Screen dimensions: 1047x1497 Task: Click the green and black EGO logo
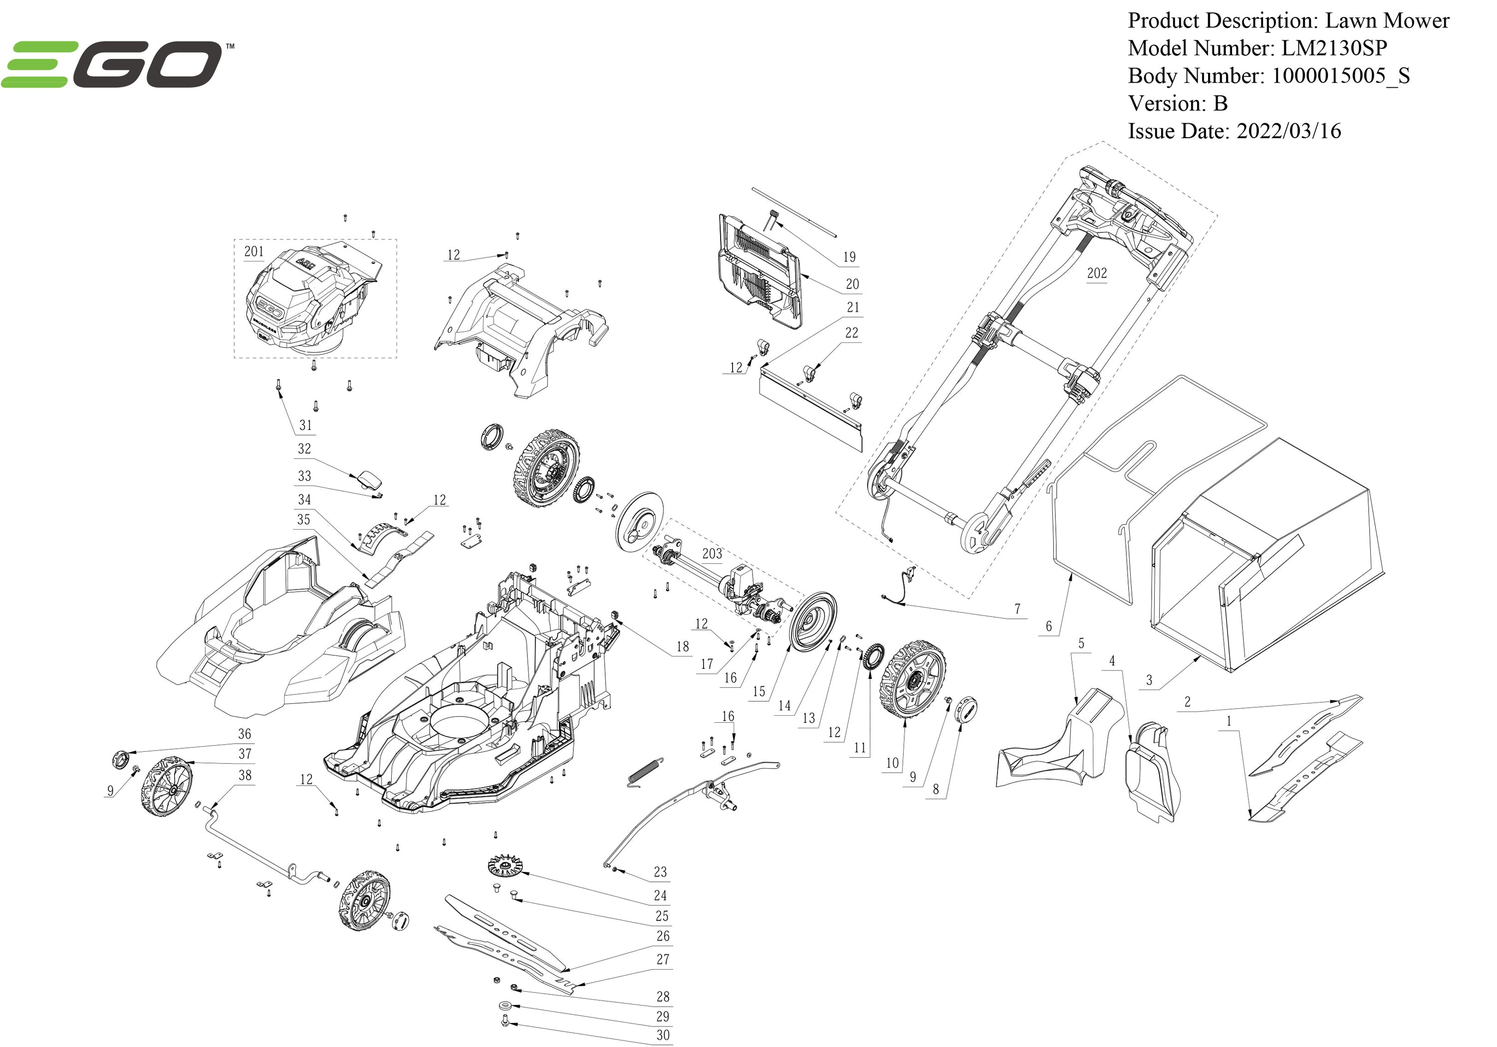tap(114, 63)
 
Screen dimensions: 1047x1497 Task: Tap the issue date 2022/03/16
tap(1288, 131)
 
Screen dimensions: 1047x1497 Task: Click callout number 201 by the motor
tap(253, 251)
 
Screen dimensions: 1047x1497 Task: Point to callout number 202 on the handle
tap(1097, 273)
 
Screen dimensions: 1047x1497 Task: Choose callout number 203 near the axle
tap(712, 554)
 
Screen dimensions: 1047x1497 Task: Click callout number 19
tap(849, 257)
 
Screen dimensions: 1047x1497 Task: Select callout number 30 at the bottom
tap(663, 1035)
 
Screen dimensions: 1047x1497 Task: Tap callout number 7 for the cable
tap(1017, 609)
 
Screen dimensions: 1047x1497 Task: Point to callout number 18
tap(682, 646)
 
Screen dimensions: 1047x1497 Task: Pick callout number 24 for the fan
tap(660, 895)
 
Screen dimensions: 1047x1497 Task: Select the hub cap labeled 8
tap(966, 708)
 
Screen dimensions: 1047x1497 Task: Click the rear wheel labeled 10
tap(912, 680)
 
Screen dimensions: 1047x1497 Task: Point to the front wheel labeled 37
tap(167, 786)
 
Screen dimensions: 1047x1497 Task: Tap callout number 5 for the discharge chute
tap(1081, 643)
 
